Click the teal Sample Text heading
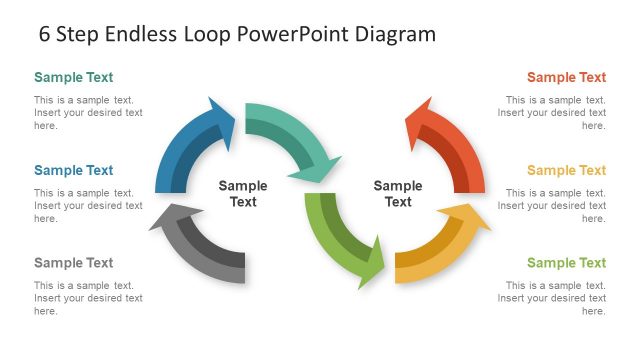(x=74, y=77)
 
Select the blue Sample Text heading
(x=74, y=170)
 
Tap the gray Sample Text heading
(x=74, y=263)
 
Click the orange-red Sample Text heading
(x=566, y=77)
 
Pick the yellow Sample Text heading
(x=566, y=170)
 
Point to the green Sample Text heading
(x=566, y=263)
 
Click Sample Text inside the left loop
(x=243, y=193)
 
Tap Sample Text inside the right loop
(x=398, y=193)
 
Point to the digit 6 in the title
(x=45, y=34)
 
